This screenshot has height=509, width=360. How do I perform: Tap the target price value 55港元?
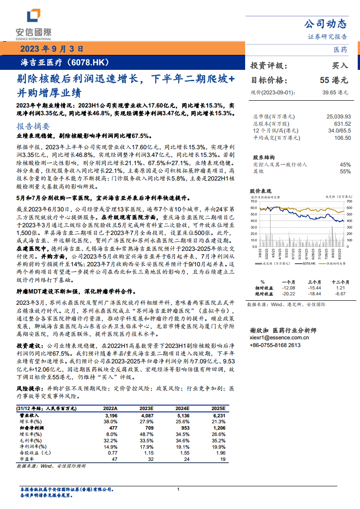click(334, 80)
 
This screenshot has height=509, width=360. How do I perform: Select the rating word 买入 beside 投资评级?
click(340, 65)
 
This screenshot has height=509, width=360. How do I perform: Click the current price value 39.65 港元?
click(335, 93)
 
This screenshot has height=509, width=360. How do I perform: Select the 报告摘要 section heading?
click(33, 126)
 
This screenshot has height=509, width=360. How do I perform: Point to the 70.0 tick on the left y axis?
click(253, 201)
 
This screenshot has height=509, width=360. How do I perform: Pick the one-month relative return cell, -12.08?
click(288, 288)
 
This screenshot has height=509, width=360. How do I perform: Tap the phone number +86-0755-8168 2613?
click(275, 345)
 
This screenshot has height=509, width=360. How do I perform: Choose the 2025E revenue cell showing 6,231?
click(218, 415)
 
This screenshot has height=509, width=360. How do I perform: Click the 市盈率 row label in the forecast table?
click(26, 459)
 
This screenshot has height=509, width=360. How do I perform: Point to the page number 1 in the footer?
click(178, 489)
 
